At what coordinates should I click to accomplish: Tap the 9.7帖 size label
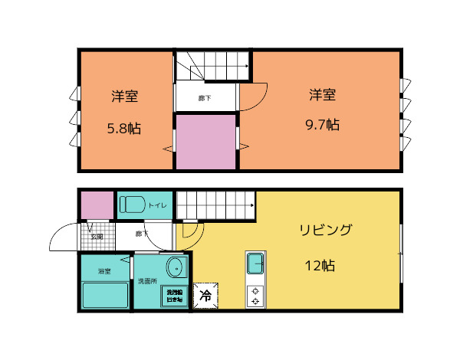(x=323, y=125)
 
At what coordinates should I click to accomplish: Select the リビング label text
(x=325, y=230)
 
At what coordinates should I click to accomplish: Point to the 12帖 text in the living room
(x=320, y=267)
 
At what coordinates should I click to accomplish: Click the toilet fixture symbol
(x=133, y=205)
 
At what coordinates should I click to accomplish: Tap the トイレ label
(x=157, y=205)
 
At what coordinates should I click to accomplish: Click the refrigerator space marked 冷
(x=205, y=294)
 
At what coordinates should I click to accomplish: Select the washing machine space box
(x=172, y=296)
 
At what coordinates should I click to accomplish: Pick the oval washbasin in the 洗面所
(x=176, y=268)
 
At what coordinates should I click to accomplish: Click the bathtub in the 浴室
(x=105, y=294)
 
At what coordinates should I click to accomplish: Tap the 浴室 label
(x=104, y=272)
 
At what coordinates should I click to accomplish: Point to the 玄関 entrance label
(x=97, y=237)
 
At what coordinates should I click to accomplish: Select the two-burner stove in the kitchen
(x=255, y=296)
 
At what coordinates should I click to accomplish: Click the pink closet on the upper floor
(x=205, y=142)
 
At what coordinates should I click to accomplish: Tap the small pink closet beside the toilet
(x=97, y=205)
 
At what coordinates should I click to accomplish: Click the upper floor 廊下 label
(x=205, y=98)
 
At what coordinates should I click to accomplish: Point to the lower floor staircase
(x=215, y=205)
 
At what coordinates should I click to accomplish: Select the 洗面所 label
(x=146, y=282)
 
